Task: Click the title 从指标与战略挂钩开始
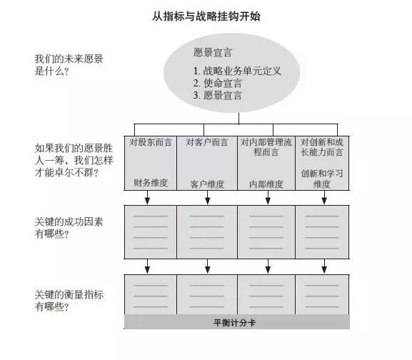click(x=206, y=16)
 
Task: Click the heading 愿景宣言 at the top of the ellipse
click(x=213, y=52)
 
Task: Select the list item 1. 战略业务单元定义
click(x=237, y=71)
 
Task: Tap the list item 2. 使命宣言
click(x=218, y=83)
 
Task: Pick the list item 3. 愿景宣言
click(x=218, y=95)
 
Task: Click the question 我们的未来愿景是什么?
click(x=69, y=64)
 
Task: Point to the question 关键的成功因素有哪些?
click(x=69, y=228)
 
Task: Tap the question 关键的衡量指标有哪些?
click(x=69, y=300)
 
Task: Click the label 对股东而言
click(x=151, y=142)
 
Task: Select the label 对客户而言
click(x=207, y=142)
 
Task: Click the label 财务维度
click(x=151, y=183)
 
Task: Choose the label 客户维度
click(x=207, y=184)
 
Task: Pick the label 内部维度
click(x=266, y=184)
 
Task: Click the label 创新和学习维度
click(x=322, y=179)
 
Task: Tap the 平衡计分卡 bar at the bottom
click(x=237, y=322)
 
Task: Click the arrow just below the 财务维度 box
click(x=147, y=197)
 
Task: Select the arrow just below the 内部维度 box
click(x=268, y=197)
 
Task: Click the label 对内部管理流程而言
click(x=266, y=147)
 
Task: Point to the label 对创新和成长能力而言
click(x=322, y=147)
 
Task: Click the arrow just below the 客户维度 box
click(x=208, y=197)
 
